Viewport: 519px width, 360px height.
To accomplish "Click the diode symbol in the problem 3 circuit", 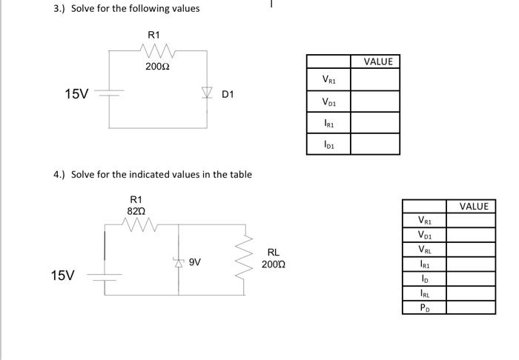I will click(x=206, y=93).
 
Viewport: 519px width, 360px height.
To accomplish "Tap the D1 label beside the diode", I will click(x=228, y=94).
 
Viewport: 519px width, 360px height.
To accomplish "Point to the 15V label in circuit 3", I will click(x=76, y=94).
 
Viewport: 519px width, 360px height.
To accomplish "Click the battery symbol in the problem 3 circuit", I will click(x=109, y=94).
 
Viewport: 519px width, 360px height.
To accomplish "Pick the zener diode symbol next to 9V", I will click(x=178, y=262).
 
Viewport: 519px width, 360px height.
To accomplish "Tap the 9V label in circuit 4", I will click(x=195, y=262).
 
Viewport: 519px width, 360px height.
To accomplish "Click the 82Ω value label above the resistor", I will click(x=135, y=210).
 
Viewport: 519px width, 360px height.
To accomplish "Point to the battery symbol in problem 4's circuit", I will click(x=104, y=276).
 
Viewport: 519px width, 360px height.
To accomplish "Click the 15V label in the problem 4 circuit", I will click(x=63, y=276).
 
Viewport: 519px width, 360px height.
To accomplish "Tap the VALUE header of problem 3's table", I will click(x=378, y=61).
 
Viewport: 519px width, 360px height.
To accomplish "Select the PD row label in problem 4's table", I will click(x=423, y=308).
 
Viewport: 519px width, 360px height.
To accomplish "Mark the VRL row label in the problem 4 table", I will click(x=423, y=249).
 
